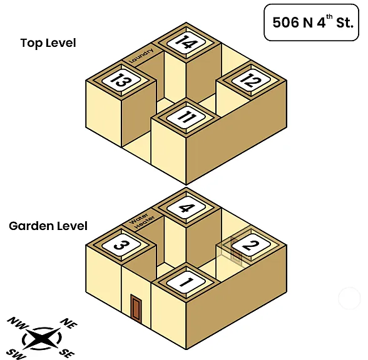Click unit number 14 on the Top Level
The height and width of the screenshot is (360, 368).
[x=187, y=42]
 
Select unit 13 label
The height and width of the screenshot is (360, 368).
[x=121, y=80]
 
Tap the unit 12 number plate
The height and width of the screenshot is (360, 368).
[x=251, y=80]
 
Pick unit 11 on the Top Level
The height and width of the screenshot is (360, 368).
[x=187, y=117]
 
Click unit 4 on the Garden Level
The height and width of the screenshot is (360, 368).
[x=187, y=207]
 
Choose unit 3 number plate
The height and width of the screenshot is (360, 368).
[x=121, y=245]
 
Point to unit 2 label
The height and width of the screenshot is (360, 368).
[x=251, y=245]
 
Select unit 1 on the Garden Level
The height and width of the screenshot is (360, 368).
[x=187, y=282]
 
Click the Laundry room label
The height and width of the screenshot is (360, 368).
[x=141, y=55]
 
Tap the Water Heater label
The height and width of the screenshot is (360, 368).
[x=141, y=221]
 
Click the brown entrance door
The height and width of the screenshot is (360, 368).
[x=136, y=307]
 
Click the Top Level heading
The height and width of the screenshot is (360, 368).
[x=48, y=43]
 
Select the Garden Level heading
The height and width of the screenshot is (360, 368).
[x=48, y=226]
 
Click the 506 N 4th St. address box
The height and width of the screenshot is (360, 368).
[x=312, y=22]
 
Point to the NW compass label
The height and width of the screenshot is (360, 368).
[x=18, y=323]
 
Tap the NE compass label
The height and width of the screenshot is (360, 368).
[x=69, y=324]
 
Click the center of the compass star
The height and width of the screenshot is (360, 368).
[x=42, y=338]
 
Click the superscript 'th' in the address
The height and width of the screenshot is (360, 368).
[x=329, y=17]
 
